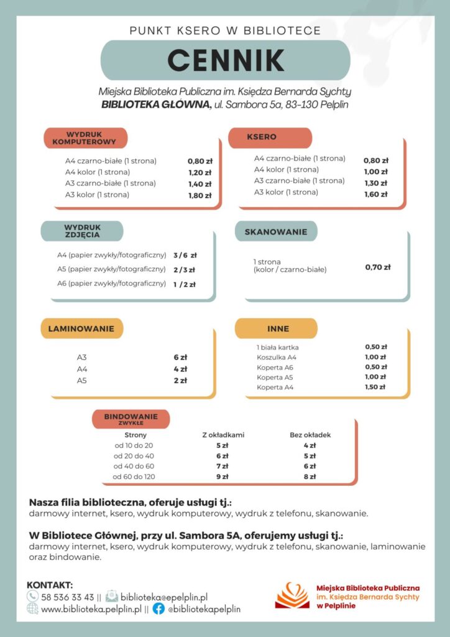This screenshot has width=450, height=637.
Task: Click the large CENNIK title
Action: (x=225, y=60)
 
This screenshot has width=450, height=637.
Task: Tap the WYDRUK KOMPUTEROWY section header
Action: (x=85, y=138)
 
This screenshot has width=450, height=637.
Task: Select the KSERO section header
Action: (x=262, y=137)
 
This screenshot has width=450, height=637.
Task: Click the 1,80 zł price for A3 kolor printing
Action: (x=200, y=195)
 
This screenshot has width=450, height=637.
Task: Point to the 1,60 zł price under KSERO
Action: (x=375, y=194)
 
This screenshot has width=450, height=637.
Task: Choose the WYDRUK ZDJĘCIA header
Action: (x=82, y=231)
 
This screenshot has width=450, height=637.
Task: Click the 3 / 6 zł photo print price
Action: (x=185, y=255)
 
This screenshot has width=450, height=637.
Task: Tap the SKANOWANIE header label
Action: (x=276, y=231)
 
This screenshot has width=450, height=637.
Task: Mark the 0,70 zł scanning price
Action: (x=377, y=267)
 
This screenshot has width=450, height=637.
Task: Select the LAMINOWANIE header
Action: (x=81, y=328)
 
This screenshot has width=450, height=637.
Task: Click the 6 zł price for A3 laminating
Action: (x=180, y=358)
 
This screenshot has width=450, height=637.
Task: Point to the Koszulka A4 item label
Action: (x=277, y=357)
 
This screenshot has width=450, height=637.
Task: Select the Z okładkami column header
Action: (x=223, y=435)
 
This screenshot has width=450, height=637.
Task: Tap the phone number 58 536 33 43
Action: (x=67, y=597)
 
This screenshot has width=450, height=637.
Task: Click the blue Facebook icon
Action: (x=159, y=609)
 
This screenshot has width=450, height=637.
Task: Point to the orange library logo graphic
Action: (x=292, y=595)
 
